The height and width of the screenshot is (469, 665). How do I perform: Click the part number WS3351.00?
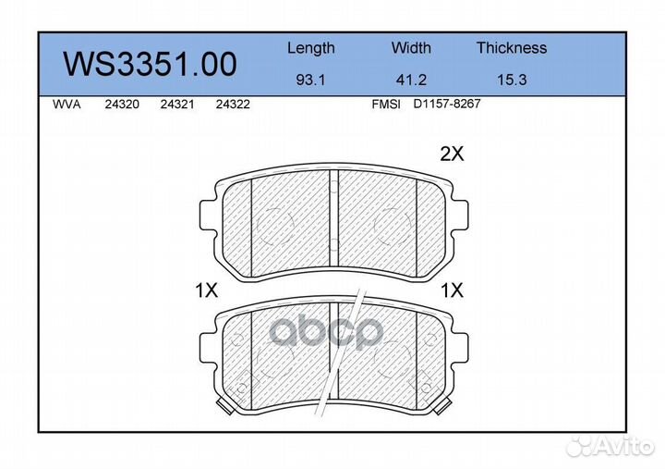pyautogui.click(x=151, y=64)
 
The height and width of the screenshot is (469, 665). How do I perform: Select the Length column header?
pyautogui.click(x=311, y=48)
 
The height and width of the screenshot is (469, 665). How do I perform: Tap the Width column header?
pyautogui.click(x=411, y=47)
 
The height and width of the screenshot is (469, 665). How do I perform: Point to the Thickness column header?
pyautogui.click(x=512, y=47)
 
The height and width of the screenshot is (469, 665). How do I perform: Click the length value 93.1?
pyautogui.click(x=310, y=80)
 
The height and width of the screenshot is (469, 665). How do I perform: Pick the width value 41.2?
pyautogui.click(x=411, y=80)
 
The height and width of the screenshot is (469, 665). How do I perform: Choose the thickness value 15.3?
pyautogui.click(x=512, y=80)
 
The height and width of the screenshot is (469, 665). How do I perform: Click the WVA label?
pyautogui.click(x=66, y=105)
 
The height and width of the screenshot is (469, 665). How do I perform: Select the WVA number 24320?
pyautogui.click(x=122, y=105)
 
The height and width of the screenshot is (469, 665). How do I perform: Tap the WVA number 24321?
pyautogui.click(x=177, y=105)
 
